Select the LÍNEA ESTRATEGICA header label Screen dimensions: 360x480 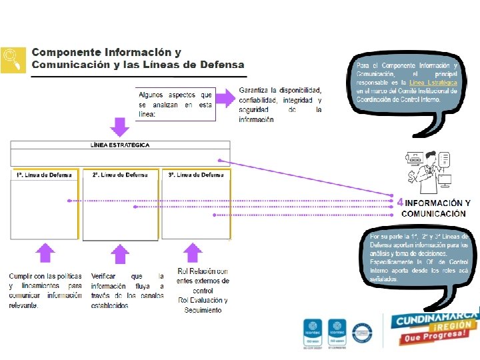click(120, 145)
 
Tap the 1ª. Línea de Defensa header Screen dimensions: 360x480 click(43, 175)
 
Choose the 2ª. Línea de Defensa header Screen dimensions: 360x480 click(120, 175)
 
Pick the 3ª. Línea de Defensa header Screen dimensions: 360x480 click(196, 175)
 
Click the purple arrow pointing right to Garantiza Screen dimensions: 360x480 click(225, 98)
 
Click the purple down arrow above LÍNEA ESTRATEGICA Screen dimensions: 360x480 click(119, 127)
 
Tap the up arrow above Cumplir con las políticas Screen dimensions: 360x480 click(45, 253)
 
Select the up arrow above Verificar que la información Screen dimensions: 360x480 click(119, 253)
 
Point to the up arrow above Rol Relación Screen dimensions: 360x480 click(193, 252)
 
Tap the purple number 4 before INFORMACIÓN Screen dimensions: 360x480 click(399, 202)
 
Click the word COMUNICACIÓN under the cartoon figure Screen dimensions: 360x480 click(433, 213)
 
